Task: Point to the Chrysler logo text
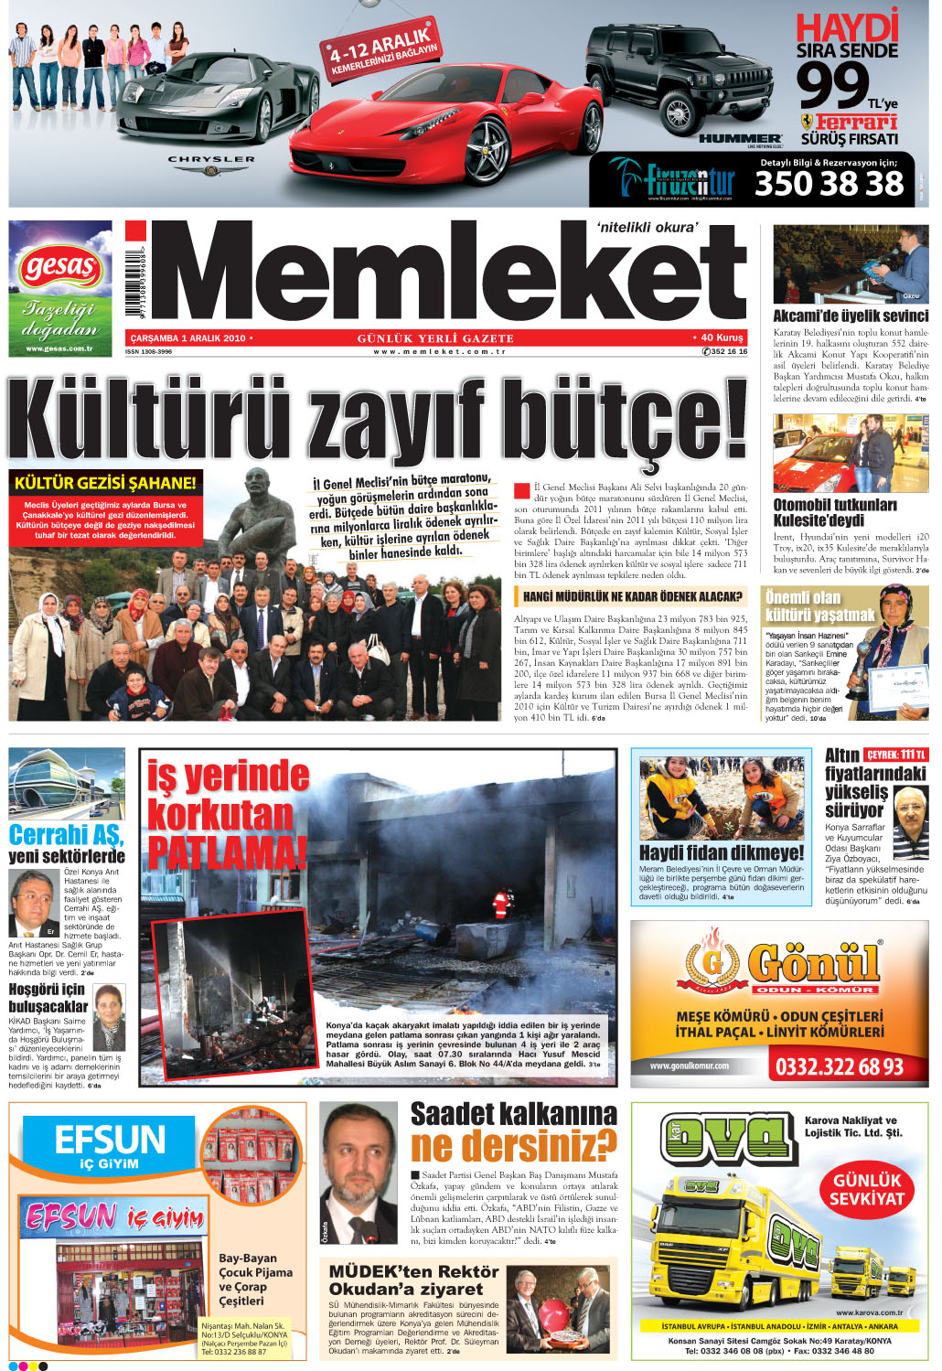click(211, 159)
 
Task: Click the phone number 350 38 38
click(829, 184)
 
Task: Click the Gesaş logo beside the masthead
click(60, 269)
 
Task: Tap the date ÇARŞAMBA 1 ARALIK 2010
click(187, 338)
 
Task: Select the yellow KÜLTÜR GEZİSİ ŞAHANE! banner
click(105, 483)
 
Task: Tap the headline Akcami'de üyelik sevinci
click(851, 316)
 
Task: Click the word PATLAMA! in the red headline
click(227, 852)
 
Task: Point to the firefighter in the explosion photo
click(498, 905)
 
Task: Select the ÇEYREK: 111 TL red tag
click(896, 755)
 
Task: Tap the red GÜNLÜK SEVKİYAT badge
click(866, 1189)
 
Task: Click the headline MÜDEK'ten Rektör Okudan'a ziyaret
click(413, 1280)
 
